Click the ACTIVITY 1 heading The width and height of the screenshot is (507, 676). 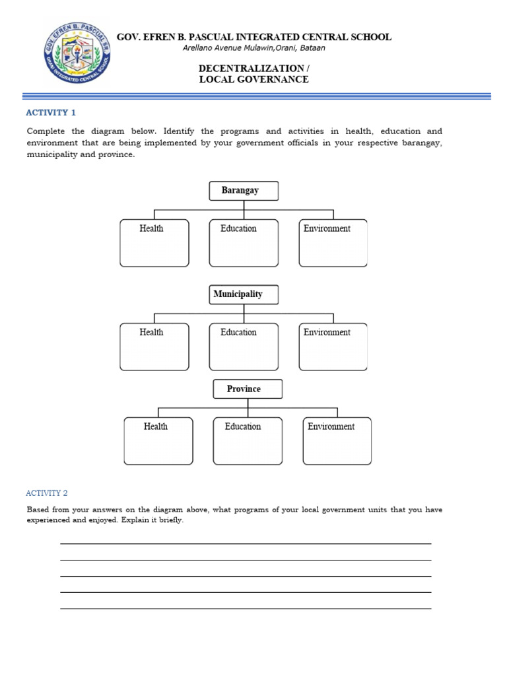(x=51, y=113)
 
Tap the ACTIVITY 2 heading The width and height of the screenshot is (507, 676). (x=47, y=493)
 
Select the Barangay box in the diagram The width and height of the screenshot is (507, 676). (x=244, y=191)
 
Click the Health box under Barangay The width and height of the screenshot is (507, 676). (x=154, y=243)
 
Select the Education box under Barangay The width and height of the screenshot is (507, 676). (x=244, y=243)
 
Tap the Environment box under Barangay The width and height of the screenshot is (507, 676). (x=333, y=243)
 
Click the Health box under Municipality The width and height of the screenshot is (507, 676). (x=154, y=347)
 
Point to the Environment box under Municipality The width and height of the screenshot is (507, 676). (x=333, y=347)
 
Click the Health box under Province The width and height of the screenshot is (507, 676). (x=158, y=441)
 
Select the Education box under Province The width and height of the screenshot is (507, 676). (x=248, y=441)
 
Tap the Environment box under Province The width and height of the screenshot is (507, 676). (x=337, y=441)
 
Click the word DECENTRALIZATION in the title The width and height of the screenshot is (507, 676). (x=250, y=69)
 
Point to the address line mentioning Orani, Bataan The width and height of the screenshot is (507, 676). (x=254, y=48)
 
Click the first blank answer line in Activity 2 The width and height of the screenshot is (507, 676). (x=246, y=543)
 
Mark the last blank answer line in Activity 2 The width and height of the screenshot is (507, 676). (x=246, y=608)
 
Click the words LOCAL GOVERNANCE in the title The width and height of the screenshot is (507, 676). (x=254, y=79)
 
